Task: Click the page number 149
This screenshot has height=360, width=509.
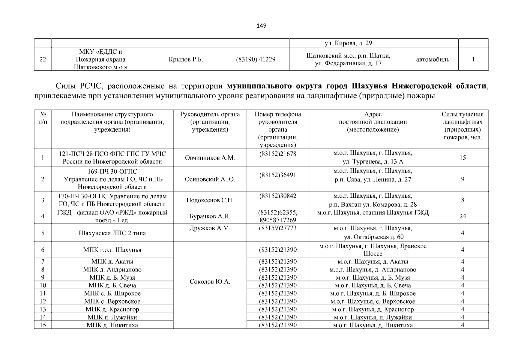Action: tap(261, 26)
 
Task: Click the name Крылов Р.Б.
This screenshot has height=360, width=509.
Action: tap(186, 59)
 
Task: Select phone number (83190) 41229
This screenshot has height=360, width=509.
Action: tap(256, 59)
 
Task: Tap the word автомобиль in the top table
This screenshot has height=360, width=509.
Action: tap(433, 59)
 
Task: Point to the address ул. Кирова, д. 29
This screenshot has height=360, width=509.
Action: tap(348, 43)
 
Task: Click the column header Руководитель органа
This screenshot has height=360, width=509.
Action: tap(210, 114)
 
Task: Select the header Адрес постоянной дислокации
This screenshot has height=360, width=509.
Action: tap(373, 122)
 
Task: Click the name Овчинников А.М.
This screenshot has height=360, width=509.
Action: tap(210, 157)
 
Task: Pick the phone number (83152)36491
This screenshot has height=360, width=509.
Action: tap(277, 175)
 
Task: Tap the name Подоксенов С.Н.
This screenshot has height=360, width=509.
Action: tap(210, 200)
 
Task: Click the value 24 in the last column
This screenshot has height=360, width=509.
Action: tap(463, 216)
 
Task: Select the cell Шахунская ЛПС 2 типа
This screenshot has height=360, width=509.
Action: tap(112, 233)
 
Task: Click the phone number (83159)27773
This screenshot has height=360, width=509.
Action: tap(277, 228)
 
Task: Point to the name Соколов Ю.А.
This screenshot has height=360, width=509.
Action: tap(210, 282)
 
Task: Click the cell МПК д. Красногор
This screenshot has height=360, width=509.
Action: tap(112, 309)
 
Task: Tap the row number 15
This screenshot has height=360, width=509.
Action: tap(43, 325)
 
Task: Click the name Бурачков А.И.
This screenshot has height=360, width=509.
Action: tap(210, 216)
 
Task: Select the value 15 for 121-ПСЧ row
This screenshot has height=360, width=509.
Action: tap(463, 157)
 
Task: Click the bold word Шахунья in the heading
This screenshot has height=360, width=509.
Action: tap(369, 86)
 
